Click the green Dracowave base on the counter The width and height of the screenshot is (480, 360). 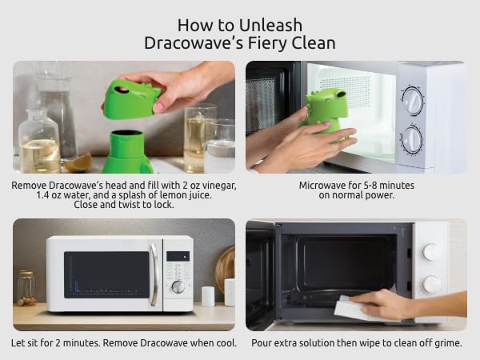point(128,152)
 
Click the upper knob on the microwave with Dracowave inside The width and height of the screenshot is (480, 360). point(412,100)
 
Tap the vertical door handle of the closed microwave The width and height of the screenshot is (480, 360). point(154,274)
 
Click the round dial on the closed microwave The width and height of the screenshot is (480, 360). point(178,286)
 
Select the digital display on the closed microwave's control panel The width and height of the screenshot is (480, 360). point(178,256)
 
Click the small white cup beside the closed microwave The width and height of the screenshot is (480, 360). point(207,296)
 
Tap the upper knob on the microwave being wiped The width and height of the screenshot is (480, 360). point(431,252)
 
